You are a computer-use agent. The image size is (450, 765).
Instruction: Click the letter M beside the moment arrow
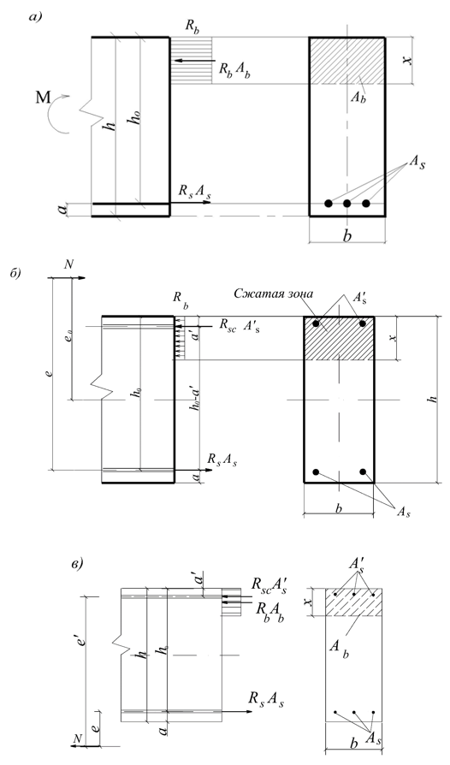pos(43,98)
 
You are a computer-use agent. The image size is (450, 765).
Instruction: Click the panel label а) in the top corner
pos(36,18)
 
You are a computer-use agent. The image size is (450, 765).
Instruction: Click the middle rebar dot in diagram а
pos(347,203)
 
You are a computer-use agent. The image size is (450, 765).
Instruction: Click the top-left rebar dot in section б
pos(317,323)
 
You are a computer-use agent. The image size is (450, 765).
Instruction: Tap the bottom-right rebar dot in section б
pos(363,471)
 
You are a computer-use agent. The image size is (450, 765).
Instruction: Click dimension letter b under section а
pos(347,235)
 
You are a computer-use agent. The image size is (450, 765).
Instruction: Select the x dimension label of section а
pos(409,61)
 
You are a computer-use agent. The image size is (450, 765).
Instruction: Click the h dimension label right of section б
pos(431,399)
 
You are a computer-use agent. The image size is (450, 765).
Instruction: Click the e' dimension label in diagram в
pos(82,637)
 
